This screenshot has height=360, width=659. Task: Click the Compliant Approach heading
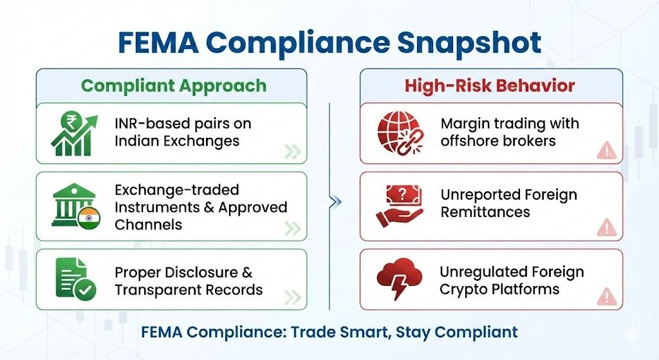point(174,86)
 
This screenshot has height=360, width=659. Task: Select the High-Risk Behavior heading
point(490,86)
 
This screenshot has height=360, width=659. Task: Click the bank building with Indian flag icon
point(75,207)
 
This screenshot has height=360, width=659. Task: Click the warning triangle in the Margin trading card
point(606,151)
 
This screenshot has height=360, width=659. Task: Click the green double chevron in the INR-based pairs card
point(293,152)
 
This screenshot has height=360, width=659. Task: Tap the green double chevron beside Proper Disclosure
point(293,297)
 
